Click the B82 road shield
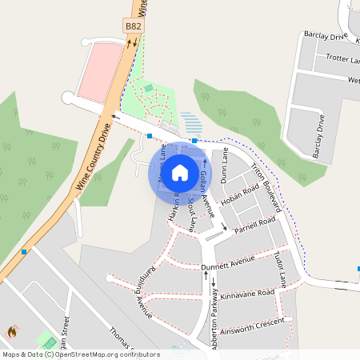(134, 26)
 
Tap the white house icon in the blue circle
(180, 171)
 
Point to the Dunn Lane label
(225, 162)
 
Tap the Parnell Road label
(254, 222)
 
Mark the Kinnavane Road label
(247, 294)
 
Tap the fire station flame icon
(12, 331)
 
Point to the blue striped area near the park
(191, 122)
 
